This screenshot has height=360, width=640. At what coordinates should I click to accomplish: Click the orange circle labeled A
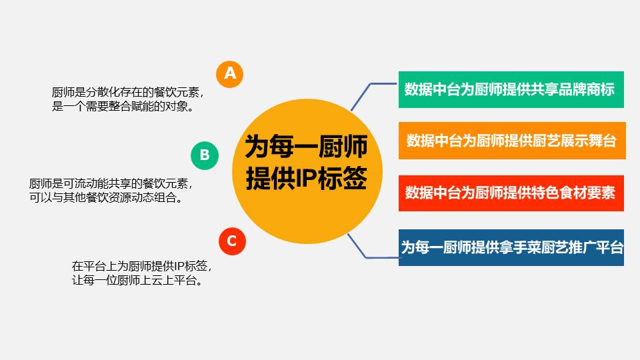coord(229,74)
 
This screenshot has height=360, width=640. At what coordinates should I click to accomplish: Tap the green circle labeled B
coord(205,155)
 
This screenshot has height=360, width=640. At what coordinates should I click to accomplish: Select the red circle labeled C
coord(232,241)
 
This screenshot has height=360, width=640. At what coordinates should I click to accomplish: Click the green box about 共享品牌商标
coord(511,89)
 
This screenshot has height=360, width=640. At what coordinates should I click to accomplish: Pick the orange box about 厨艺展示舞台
coord(512,141)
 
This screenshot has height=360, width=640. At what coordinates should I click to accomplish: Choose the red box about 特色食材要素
coord(511,193)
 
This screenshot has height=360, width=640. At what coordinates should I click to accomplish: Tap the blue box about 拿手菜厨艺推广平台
coord(511,247)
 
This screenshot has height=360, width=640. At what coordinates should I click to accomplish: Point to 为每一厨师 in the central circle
coord(306,147)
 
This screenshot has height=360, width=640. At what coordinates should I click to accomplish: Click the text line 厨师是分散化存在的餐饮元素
coord(128,92)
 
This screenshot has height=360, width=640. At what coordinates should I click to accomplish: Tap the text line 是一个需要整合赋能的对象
coord(123,106)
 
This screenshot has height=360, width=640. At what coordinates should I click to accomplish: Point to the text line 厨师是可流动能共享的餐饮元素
coord(111,184)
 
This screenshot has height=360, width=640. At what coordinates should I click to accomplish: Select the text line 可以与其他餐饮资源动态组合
coord(106,197)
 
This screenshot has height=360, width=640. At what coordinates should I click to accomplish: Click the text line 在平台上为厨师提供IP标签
coord(141,266)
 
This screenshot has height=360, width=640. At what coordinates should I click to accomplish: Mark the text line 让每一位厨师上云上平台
coord(137,280)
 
